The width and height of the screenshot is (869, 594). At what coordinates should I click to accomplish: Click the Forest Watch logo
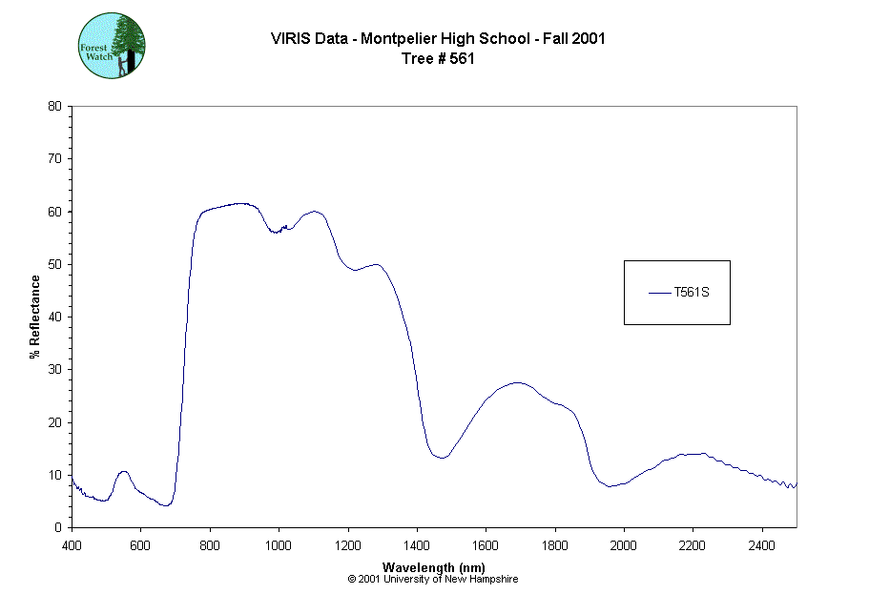pyautogui.click(x=112, y=45)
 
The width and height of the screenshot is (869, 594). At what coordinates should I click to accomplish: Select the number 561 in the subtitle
pyautogui.click(x=463, y=58)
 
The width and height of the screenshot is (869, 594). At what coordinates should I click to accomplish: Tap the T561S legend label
pyautogui.click(x=692, y=292)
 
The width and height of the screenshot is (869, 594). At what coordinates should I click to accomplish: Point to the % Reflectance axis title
pyautogui.click(x=35, y=317)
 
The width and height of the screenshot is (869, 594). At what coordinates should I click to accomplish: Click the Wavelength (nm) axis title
pyautogui.click(x=433, y=567)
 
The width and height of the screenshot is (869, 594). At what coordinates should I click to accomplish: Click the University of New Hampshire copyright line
pyautogui.click(x=433, y=579)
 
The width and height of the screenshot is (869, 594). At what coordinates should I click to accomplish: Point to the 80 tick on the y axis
pyautogui.click(x=54, y=106)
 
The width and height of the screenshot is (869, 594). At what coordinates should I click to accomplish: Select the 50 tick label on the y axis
pyautogui.click(x=54, y=264)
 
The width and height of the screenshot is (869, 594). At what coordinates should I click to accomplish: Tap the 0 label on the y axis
pyautogui.click(x=58, y=527)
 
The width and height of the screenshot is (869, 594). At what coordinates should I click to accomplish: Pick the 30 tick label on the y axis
pyautogui.click(x=54, y=369)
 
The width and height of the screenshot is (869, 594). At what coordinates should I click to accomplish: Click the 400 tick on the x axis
pyautogui.click(x=72, y=545)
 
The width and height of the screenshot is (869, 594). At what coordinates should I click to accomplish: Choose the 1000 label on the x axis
pyautogui.click(x=279, y=545)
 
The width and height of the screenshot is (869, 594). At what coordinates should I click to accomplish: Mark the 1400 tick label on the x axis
pyautogui.click(x=417, y=545)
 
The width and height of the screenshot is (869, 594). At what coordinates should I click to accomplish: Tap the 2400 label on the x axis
pyautogui.click(x=762, y=545)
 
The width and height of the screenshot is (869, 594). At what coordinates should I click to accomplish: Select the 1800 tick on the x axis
pyautogui.click(x=555, y=545)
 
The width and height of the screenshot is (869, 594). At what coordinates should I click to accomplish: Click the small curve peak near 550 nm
pyautogui.click(x=123, y=471)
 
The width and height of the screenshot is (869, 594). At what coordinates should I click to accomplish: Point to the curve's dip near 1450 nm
pyautogui.click(x=441, y=458)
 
